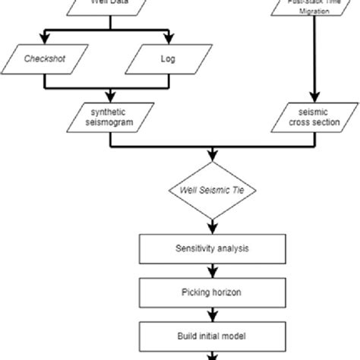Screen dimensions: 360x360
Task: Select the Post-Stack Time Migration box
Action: tap(308, 9)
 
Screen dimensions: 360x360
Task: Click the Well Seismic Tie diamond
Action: tap(212, 189)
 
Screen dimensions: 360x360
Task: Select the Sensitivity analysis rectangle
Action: tap(212, 248)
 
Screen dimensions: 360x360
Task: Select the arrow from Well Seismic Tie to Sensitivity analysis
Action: tap(212, 226)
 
